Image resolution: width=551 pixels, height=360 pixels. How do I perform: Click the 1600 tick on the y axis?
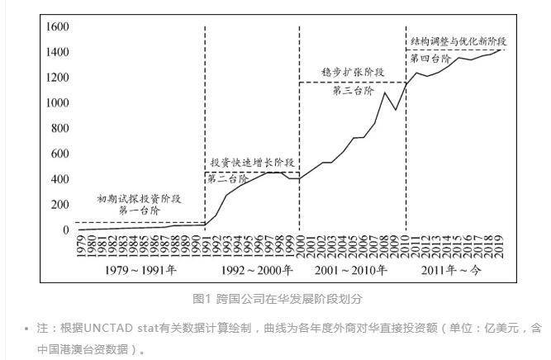[x=56, y=26]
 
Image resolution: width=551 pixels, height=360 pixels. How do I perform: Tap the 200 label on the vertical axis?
[x=59, y=204]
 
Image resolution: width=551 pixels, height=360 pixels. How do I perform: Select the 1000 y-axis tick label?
[x=56, y=103]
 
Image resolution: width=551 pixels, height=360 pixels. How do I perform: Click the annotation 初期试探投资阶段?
[x=139, y=199]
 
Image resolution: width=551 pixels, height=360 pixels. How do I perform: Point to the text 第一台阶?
[x=139, y=211]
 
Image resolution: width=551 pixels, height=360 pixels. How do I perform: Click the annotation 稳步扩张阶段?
[x=353, y=73]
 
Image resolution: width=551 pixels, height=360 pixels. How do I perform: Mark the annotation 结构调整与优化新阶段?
[x=458, y=40]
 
